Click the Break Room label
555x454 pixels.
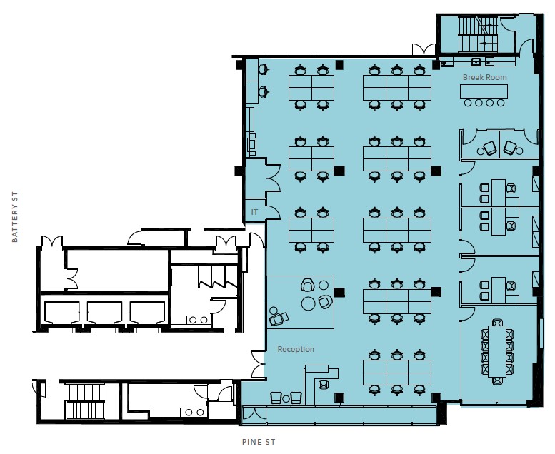tap(484, 77)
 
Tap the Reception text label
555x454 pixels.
tap(296, 349)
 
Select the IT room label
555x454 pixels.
tap(254, 212)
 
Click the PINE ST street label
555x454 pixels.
tap(259, 442)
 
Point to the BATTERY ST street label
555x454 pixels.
tap(14, 217)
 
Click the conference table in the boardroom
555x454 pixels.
tap(497, 351)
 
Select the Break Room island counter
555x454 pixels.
tap(484, 91)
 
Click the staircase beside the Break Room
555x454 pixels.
tap(478, 35)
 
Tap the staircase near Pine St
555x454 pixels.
tap(85, 402)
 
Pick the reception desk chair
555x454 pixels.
tap(323, 384)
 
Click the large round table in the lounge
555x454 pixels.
tap(309, 303)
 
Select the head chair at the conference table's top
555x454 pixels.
tap(497, 323)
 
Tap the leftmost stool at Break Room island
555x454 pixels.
tap(468, 103)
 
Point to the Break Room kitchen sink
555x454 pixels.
tap(476, 61)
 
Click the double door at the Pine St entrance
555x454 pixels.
tap(254, 413)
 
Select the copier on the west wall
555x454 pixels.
tap(252, 143)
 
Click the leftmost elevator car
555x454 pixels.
tap(62, 313)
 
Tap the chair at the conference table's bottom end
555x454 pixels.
tap(497, 380)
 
